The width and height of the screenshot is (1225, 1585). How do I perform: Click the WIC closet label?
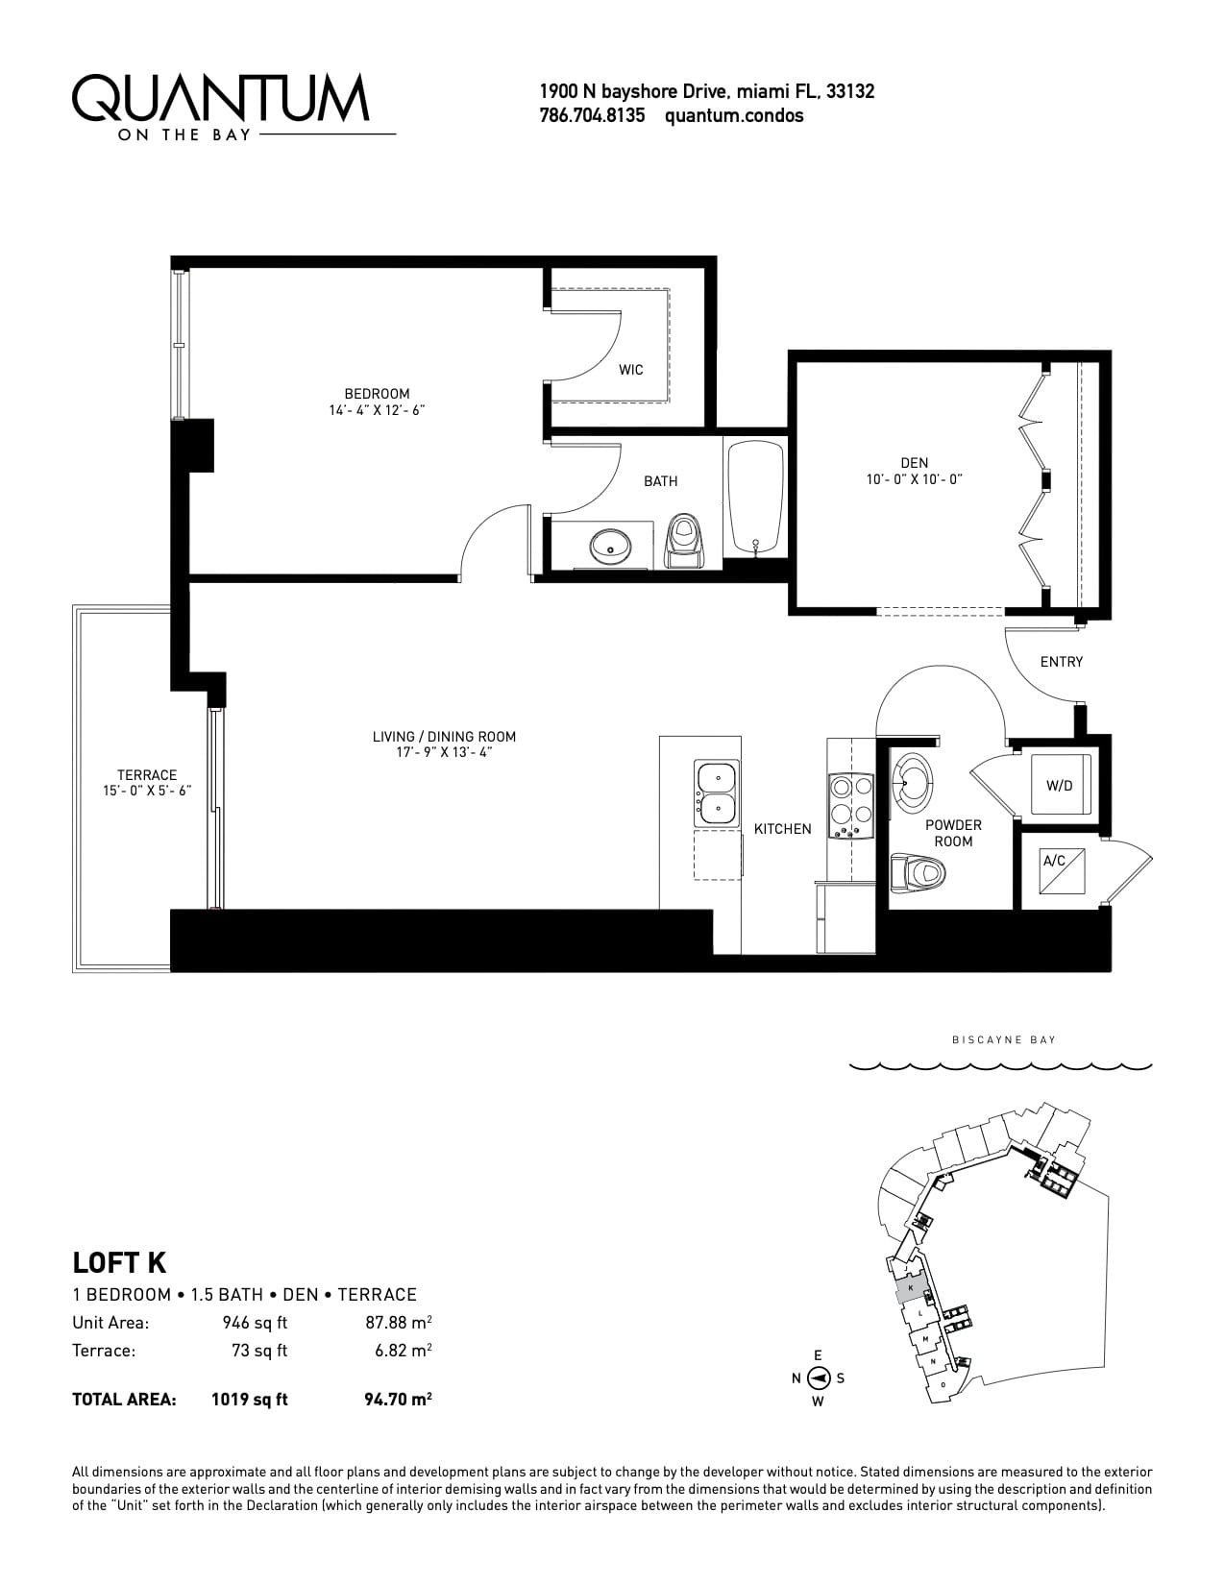630,370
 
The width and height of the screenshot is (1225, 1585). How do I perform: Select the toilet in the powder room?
918,871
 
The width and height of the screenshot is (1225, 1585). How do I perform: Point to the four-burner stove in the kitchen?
851,805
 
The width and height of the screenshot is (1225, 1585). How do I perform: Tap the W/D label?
1060,786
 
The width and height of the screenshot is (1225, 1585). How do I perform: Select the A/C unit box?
1063,870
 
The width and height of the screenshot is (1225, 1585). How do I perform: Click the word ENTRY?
1061,662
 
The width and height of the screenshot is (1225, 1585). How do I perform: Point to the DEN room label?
915,463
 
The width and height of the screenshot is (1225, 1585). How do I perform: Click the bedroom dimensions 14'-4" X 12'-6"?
377,410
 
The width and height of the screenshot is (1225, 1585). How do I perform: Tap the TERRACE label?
147,774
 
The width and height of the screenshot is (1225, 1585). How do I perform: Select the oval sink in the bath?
611,546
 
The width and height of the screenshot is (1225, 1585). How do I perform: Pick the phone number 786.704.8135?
592,116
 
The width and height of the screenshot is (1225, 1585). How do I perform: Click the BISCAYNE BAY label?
1004,1039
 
